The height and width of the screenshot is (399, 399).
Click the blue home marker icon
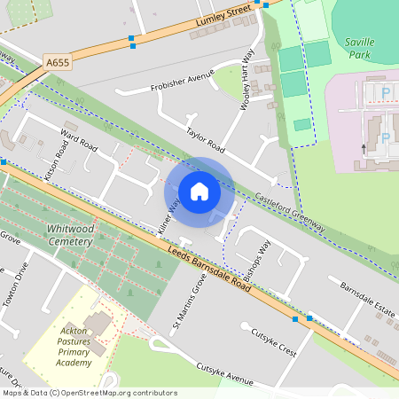(199, 192)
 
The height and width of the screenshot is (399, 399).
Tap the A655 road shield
(57, 63)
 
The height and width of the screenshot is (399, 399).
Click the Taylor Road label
(205, 142)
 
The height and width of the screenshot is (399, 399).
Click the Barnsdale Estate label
(367, 299)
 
